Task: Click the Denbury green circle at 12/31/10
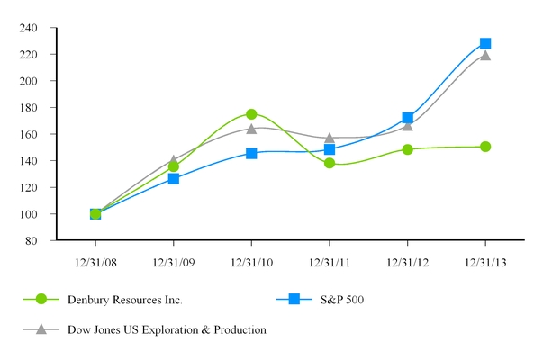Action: tap(251, 114)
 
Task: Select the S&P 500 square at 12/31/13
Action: tap(485, 43)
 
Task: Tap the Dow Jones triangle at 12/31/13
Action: tap(485, 55)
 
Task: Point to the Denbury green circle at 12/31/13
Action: tap(485, 147)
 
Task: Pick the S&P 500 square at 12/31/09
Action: tap(173, 179)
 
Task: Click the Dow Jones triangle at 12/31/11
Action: tap(330, 139)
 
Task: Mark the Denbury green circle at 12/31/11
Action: tap(330, 163)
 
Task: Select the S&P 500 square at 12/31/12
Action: tap(408, 118)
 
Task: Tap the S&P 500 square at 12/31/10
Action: tap(251, 154)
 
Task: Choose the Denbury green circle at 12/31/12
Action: tap(408, 149)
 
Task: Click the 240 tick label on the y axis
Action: tap(29, 28)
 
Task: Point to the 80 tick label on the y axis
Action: tap(32, 241)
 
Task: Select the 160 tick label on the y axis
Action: tap(29, 134)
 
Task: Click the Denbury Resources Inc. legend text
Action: tap(132, 300)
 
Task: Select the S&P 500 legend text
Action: tap(353, 300)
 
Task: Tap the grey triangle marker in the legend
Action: tap(41, 329)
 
